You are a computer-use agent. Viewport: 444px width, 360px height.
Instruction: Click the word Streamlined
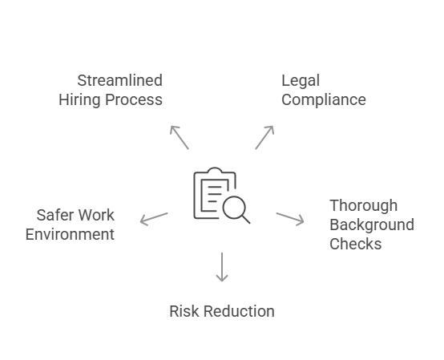(119, 80)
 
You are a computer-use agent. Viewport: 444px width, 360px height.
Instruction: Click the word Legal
(301, 80)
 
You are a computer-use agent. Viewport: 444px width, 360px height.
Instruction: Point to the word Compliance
(323, 100)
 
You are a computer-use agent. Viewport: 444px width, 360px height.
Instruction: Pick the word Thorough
(363, 205)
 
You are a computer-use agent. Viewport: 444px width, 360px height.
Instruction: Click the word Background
(371, 224)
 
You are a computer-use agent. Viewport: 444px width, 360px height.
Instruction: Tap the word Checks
(355, 244)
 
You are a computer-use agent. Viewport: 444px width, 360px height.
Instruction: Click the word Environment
(70, 234)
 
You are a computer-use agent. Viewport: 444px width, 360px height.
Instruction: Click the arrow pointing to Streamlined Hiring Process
(180, 137)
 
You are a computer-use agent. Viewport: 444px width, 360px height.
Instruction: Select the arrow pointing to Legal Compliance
(264, 137)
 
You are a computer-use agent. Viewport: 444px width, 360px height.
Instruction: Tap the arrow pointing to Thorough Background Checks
(290, 218)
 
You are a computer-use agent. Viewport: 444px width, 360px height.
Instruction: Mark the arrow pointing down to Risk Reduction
(222, 267)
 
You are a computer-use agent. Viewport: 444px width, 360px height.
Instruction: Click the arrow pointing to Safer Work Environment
(153, 217)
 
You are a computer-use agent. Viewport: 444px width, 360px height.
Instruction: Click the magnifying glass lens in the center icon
(234, 208)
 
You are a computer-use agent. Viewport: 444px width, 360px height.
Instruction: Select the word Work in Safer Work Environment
(97, 215)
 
